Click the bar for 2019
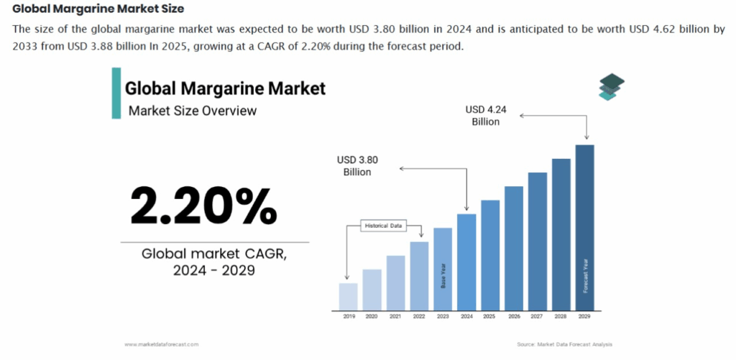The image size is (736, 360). (x=349, y=297)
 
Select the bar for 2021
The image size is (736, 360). (x=396, y=283)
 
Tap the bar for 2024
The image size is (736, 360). (x=466, y=262)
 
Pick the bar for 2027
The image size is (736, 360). (x=537, y=241)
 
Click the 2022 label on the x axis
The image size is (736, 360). (x=420, y=316)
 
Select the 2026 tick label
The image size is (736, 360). (x=514, y=316)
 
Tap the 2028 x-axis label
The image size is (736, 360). (x=561, y=316)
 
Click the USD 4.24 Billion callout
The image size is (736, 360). (x=485, y=116)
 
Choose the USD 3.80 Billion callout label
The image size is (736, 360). (x=357, y=166)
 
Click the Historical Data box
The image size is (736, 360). (x=385, y=226)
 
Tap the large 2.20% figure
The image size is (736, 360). (x=203, y=206)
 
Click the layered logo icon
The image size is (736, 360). (x=611, y=86)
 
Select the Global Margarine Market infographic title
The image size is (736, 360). (x=225, y=89)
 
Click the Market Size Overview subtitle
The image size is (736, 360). (x=192, y=111)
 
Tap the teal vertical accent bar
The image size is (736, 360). (x=115, y=93)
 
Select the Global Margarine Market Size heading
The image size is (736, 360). (x=98, y=9)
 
